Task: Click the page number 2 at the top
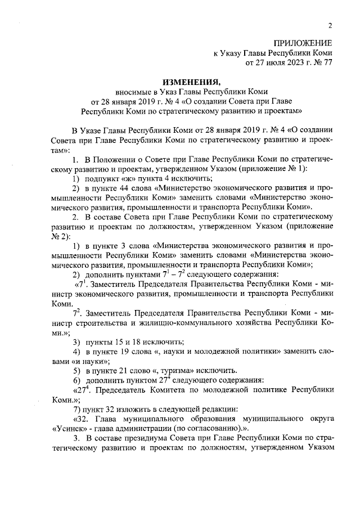point(330,25)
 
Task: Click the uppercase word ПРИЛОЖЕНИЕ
point(303,43)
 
